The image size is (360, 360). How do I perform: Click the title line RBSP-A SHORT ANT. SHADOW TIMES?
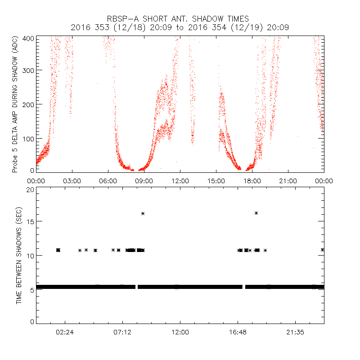pos(180,19)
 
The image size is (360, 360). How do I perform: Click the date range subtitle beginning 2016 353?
pos(180,27)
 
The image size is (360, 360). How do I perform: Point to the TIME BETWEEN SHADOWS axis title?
pos(19,255)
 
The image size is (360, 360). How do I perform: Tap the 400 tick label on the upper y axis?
pos(28,38)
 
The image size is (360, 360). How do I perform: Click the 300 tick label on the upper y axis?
pos(28,70)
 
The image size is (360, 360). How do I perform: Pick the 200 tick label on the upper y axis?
pos(28,104)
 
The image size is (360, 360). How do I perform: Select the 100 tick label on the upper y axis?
pos(28,138)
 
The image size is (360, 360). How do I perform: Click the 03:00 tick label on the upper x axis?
pos(72,181)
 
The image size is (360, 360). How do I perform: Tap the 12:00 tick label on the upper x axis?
pos(180,181)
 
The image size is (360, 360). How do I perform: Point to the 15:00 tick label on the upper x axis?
pos(216,181)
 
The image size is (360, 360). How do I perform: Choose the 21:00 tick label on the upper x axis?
pos(288,181)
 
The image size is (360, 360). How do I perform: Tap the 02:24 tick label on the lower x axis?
pos(65,332)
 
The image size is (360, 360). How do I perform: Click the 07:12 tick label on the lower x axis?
pos(122,332)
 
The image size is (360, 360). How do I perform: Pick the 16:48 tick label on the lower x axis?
pos(238,332)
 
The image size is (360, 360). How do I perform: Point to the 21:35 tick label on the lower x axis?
pos(295,332)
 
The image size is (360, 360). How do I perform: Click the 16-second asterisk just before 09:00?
pos(143,213)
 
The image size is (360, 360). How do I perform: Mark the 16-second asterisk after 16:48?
pos(256,213)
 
